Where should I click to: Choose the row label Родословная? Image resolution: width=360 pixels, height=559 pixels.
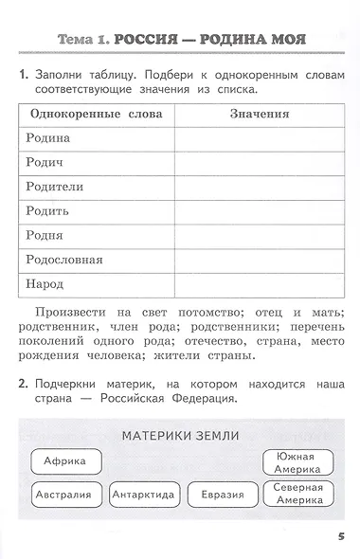tap(68, 260)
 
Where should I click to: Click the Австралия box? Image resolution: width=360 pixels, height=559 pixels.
tap(63, 495)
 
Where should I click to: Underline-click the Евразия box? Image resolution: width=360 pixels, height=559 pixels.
tap(223, 495)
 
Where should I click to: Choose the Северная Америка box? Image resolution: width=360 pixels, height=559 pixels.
tap(298, 495)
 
